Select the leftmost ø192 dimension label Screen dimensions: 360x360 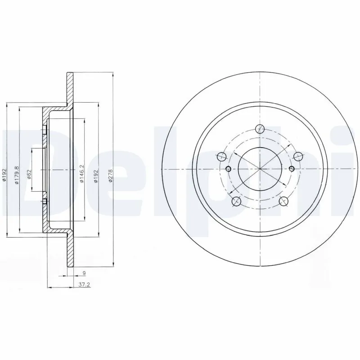[x=4, y=175]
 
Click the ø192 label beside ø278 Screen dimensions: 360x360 [x=95, y=175]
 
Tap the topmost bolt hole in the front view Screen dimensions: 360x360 [x=259, y=129]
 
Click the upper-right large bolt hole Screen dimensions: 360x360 [x=297, y=156]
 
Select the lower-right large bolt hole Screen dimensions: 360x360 [x=283, y=202]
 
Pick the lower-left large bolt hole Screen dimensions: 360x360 [x=235, y=202]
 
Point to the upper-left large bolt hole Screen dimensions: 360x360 [x=221, y=157]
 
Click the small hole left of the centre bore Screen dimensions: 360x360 [x=227, y=169]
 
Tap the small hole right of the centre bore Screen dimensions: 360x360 [x=292, y=169]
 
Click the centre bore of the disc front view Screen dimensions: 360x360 [x=259, y=169]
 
